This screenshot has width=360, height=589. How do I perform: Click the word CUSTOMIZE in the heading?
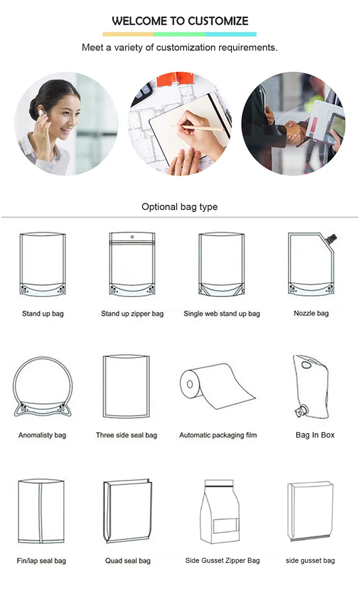(218, 21)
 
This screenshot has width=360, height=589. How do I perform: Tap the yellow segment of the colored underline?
(128, 34)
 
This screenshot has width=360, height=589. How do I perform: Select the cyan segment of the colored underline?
(231, 34)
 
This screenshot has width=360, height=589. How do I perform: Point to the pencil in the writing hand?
(198, 128)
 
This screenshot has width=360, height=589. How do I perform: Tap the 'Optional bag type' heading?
(180, 207)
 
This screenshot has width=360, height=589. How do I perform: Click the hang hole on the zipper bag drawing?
(132, 237)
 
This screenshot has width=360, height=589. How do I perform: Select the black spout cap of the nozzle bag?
(331, 238)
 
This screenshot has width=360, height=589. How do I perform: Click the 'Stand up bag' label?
(43, 313)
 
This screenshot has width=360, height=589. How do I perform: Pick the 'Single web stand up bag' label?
(222, 313)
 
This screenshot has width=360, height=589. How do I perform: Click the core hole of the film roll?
(190, 384)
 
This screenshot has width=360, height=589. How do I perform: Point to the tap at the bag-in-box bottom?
(301, 411)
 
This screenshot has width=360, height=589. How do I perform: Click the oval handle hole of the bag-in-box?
(306, 365)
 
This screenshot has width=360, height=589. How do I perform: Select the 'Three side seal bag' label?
(127, 435)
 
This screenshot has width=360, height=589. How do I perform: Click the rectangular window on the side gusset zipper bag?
(226, 526)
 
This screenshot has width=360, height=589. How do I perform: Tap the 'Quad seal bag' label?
(128, 561)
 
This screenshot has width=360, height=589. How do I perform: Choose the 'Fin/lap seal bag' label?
(41, 561)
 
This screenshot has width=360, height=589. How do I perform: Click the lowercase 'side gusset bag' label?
(310, 561)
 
